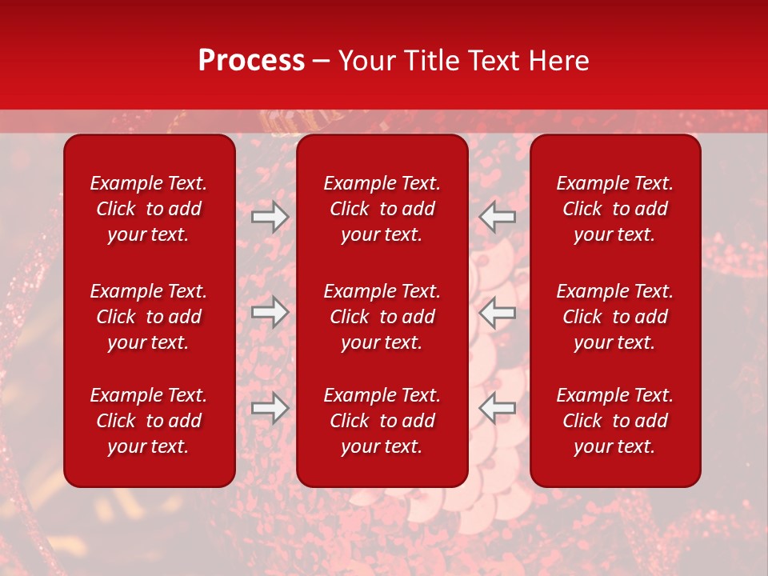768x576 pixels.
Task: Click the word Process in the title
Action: [x=251, y=61]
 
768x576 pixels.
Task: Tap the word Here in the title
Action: [x=559, y=61]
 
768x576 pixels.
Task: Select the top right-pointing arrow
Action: [x=270, y=216]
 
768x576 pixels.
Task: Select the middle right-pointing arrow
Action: [x=270, y=312]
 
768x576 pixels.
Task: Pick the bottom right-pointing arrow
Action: [x=270, y=408]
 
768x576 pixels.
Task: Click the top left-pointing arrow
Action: [x=498, y=216]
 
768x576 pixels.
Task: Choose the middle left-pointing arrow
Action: [x=498, y=312]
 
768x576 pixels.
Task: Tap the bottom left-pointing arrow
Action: [x=498, y=408]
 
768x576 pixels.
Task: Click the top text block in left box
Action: [x=149, y=209]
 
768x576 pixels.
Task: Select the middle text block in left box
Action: [x=149, y=317]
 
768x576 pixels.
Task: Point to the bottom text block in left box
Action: [x=149, y=421]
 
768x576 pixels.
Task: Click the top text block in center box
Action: [x=382, y=209]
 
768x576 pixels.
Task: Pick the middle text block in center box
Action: [x=382, y=317]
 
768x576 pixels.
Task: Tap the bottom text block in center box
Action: [x=382, y=421]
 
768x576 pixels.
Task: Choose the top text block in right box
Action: [x=614, y=209]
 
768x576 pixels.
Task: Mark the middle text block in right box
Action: [x=614, y=317]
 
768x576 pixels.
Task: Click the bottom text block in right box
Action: [x=614, y=421]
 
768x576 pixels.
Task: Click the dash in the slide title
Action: [x=321, y=62]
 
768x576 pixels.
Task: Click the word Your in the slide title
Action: [x=364, y=61]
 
